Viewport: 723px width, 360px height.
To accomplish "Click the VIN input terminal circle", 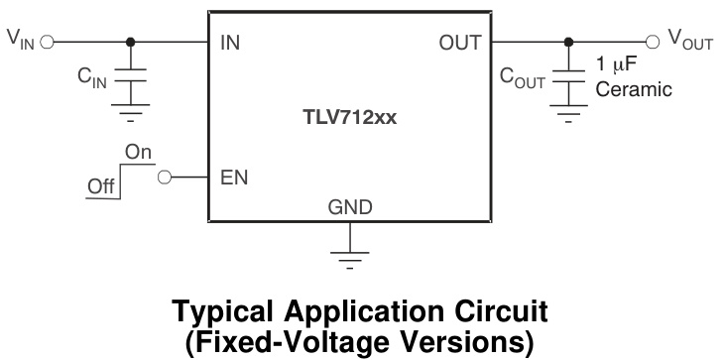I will pos(47,43).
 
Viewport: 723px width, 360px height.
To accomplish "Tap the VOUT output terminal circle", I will pos(652,43).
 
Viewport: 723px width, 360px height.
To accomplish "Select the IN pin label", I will pos(229,44).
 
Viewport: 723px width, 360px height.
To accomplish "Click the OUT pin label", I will pos(459,44).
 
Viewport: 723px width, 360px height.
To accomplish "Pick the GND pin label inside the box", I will pos(350,207).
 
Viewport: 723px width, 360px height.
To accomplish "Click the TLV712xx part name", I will pos(350,116).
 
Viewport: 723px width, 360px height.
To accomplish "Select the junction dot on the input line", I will pos(130,43).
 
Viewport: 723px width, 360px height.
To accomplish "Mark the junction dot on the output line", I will pos(567,43).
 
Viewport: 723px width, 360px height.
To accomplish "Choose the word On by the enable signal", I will pos(138,152).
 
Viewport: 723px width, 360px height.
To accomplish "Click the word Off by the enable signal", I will pos(101,185).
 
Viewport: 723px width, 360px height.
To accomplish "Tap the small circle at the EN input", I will pos(165,179).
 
